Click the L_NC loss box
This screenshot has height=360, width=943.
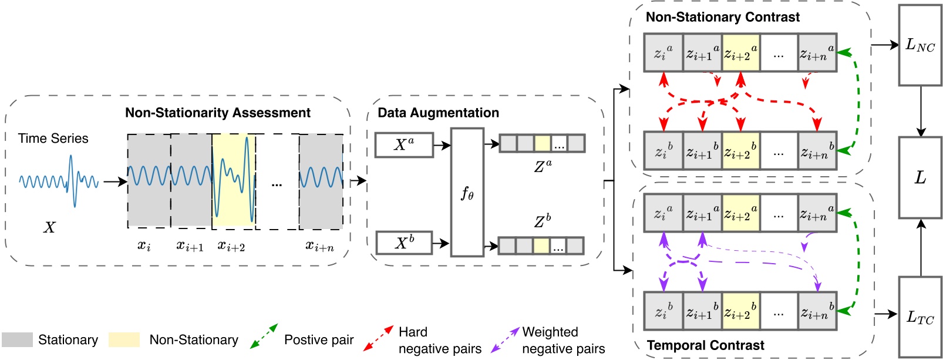(920, 45)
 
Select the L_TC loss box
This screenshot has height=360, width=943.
(920, 318)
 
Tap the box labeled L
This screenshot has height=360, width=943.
(920, 178)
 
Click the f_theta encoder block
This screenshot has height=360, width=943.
(467, 193)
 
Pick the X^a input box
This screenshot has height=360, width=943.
(404, 145)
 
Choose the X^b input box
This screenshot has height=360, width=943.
(404, 243)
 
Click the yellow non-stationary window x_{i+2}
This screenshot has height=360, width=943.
(234, 181)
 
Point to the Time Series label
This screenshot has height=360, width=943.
(53, 139)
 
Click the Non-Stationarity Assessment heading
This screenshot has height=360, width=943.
(217, 113)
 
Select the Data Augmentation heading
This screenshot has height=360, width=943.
(438, 113)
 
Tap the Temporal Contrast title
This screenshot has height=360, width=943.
(705, 345)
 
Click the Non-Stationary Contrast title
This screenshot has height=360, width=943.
(722, 17)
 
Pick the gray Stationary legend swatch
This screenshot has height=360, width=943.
(17, 340)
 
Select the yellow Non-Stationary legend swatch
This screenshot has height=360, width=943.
(124, 340)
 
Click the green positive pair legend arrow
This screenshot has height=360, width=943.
(264, 337)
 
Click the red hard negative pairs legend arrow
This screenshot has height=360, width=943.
(378, 339)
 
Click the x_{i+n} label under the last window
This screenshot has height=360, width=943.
(319, 247)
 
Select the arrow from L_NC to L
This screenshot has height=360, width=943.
(920, 111)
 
